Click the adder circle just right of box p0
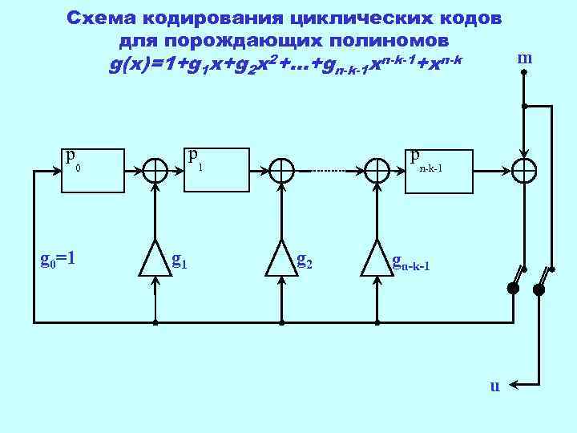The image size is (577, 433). [x=155, y=170]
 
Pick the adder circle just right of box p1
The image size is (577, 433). [x=281, y=170]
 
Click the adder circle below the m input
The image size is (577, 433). [x=524, y=170]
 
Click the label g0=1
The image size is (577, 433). [x=58, y=258]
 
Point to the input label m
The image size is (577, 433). [x=525, y=58]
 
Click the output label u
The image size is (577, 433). [x=494, y=386]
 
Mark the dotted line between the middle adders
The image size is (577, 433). [x=329, y=171]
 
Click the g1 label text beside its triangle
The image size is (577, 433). [x=180, y=260]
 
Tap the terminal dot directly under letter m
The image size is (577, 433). [x=524, y=72]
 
